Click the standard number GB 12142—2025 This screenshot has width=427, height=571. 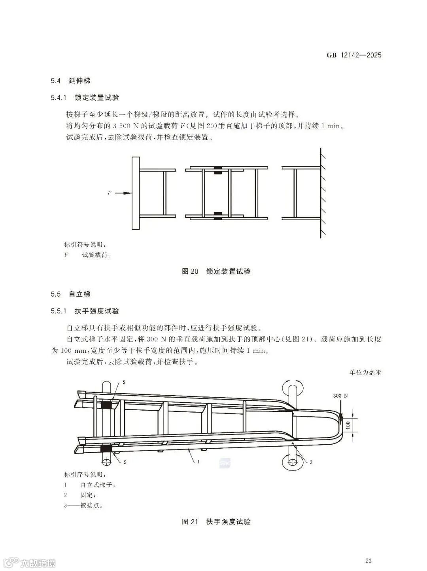click(x=354, y=55)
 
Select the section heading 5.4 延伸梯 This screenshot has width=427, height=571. click(x=71, y=81)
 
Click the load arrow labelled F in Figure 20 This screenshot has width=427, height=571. click(x=124, y=193)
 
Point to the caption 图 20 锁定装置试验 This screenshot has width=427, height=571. click(x=216, y=271)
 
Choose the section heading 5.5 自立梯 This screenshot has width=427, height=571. click(x=71, y=294)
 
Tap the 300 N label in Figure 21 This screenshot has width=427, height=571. click(x=340, y=396)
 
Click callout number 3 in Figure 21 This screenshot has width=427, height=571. click(x=311, y=462)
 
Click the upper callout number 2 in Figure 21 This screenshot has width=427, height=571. click(x=124, y=383)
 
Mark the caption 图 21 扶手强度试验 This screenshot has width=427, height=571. click(x=216, y=522)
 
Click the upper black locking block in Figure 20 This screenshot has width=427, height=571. click(x=217, y=171)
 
